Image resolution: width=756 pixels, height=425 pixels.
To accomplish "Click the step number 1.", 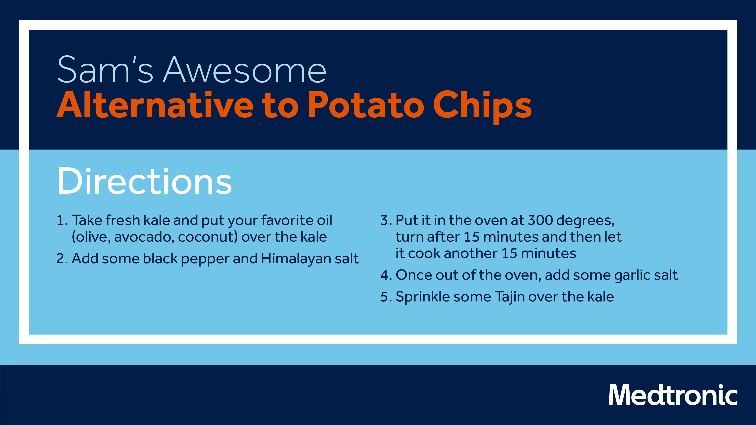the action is (x=62, y=220).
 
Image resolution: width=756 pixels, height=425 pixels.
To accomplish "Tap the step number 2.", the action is (x=62, y=259).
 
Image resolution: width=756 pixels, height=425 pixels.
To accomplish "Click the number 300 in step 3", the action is (x=540, y=220).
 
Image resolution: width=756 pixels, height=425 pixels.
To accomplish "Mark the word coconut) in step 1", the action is (x=208, y=237).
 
